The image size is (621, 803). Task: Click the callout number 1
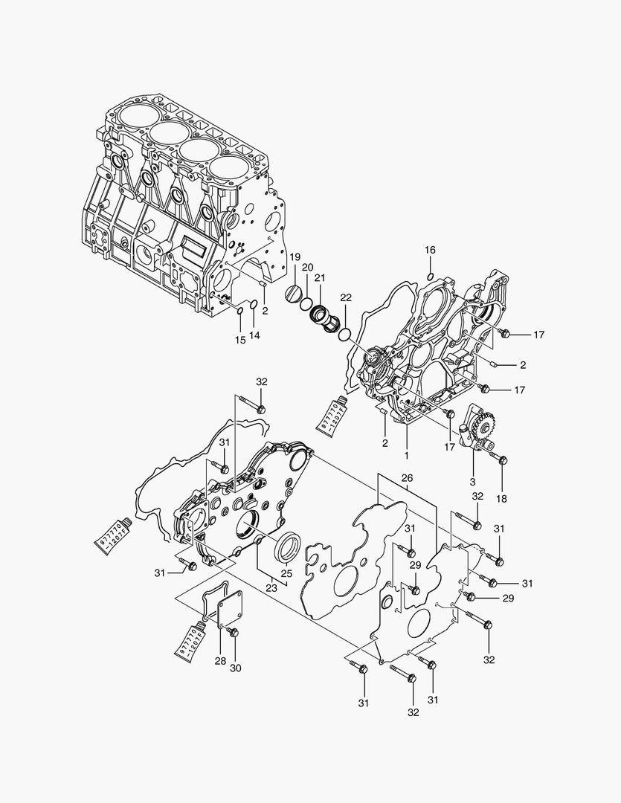406,454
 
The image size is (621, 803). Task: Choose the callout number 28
219,661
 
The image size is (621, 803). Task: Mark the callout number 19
295,257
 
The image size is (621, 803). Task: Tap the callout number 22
346,297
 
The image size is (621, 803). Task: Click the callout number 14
254,336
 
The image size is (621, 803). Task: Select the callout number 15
239,340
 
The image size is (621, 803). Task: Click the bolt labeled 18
501,460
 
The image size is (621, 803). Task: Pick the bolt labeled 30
233,633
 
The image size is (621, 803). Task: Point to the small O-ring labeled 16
431,277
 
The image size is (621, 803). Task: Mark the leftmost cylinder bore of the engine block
135,116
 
